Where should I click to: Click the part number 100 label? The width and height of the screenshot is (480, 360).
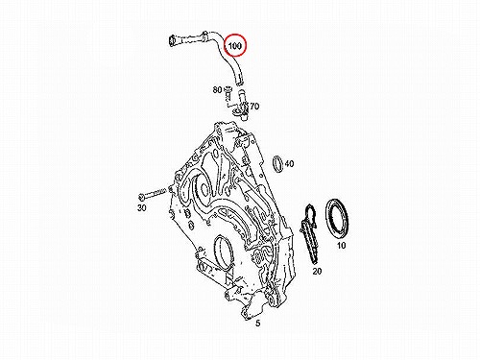[x=234, y=46]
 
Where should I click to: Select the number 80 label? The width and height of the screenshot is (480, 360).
[x=217, y=90]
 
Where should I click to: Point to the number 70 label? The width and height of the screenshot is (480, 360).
[x=254, y=106]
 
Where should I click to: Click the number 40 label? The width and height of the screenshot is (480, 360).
[x=289, y=164]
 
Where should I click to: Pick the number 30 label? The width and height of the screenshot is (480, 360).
[x=142, y=207]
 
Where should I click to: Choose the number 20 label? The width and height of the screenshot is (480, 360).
[x=317, y=272]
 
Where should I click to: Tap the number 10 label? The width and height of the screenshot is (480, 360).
[x=342, y=246]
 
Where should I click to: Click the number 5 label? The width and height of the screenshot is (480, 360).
[x=258, y=324]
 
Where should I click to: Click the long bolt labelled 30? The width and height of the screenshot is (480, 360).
[x=153, y=194]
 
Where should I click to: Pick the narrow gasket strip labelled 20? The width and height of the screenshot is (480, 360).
[x=309, y=233]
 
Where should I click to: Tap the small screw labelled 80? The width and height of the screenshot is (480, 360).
[x=228, y=91]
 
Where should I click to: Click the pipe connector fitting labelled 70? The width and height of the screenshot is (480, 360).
[x=242, y=106]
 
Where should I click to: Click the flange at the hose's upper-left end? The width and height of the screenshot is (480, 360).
[x=173, y=41]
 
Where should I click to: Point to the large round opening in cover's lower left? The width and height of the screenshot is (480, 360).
[x=224, y=252]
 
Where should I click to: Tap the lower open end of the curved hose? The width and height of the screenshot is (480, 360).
[x=240, y=83]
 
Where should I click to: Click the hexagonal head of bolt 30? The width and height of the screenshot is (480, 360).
[x=142, y=196]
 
